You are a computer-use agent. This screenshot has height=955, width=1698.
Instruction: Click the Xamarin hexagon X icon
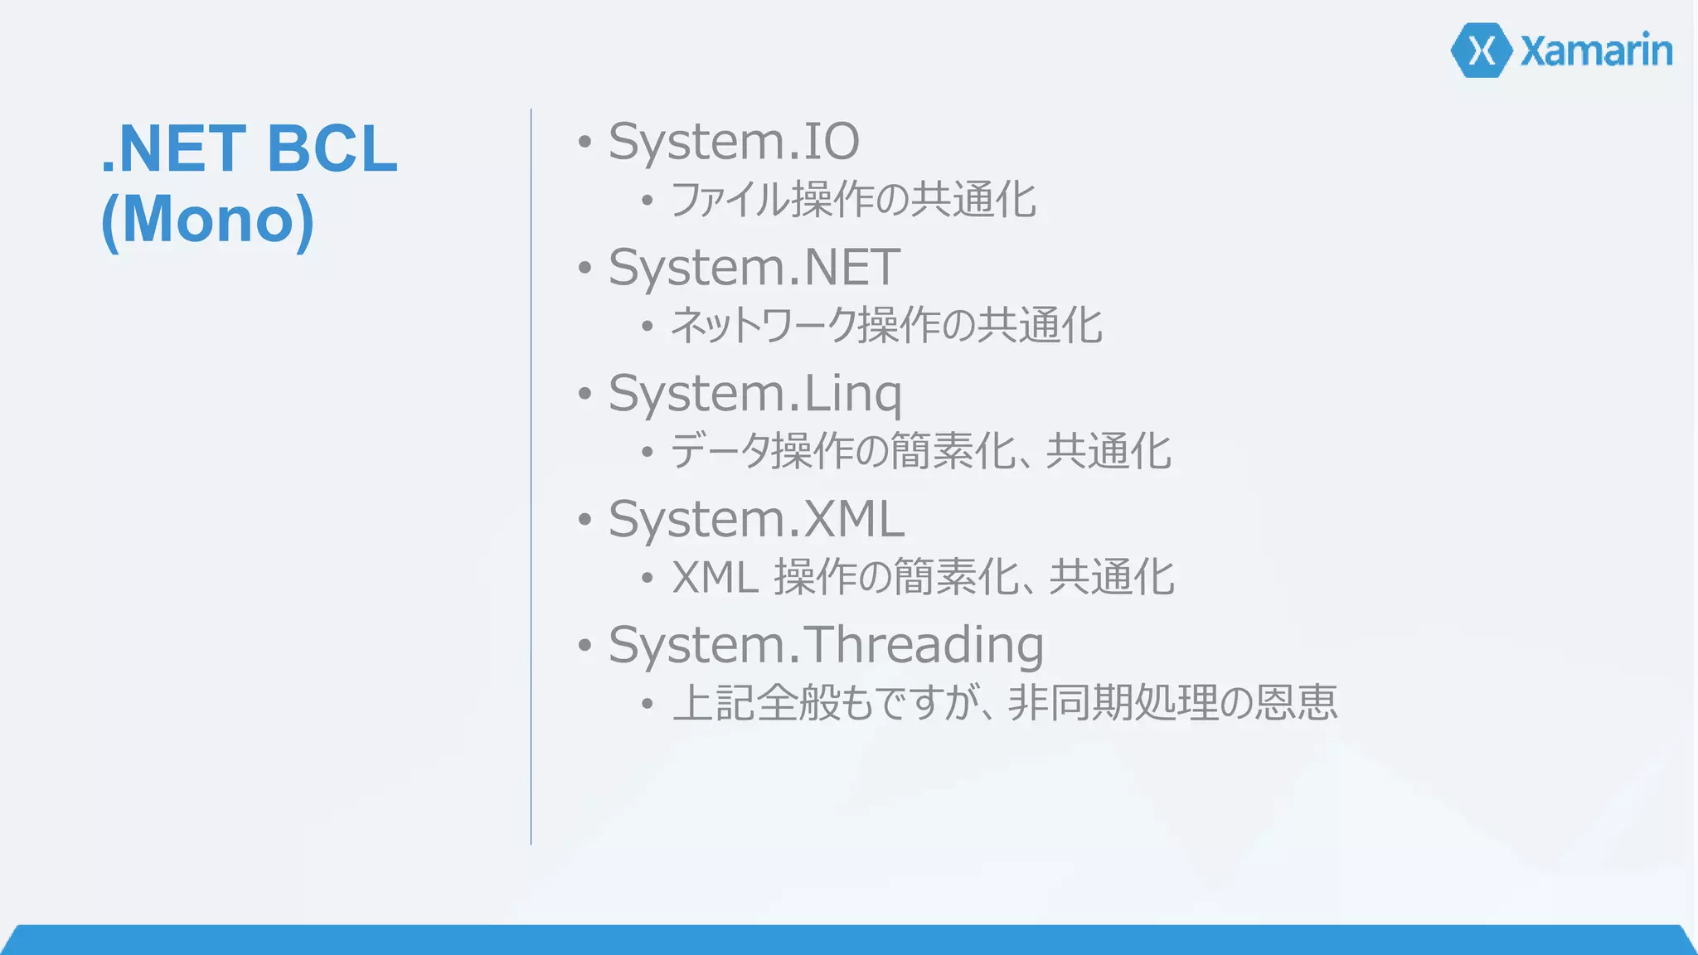[x=1482, y=51]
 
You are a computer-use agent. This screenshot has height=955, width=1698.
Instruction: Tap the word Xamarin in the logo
[x=1596, y=51]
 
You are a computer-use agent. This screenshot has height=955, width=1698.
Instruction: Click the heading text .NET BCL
[x=250, y=148]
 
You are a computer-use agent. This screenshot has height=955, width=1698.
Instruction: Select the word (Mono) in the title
[x=207, y=220]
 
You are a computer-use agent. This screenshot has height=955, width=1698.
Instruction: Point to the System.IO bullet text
[x=734, y=142]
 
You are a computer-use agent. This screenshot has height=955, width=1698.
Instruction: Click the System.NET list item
[x=754, y=268]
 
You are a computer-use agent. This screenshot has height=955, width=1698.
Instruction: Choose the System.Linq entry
[x=754, y=394]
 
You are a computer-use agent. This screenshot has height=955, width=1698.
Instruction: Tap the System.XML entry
[x=756, y=520]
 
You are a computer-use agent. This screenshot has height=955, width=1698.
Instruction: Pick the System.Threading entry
[x=826, y=646]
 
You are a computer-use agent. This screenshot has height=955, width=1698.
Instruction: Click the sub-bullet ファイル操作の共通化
[x=853, y=200]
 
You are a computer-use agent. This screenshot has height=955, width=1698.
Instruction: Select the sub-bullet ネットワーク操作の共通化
[x=886, y=325]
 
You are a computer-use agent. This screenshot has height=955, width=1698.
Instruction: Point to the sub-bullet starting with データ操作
[x=920, y=452]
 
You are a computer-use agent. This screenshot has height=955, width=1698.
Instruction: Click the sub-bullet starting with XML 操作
[x=923, y=577]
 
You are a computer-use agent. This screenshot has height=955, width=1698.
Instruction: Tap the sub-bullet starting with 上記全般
[x=1005, y=703]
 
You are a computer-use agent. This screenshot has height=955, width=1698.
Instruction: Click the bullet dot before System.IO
[x=585, y=142]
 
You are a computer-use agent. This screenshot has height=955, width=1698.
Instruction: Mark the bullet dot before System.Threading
[x=585, y=645]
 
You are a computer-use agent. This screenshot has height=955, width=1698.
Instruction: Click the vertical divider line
[x=531, y=477]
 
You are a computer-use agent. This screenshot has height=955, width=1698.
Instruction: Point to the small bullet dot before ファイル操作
[x=647, y=200]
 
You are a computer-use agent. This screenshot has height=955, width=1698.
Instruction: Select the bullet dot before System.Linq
[x=585, y=393]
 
